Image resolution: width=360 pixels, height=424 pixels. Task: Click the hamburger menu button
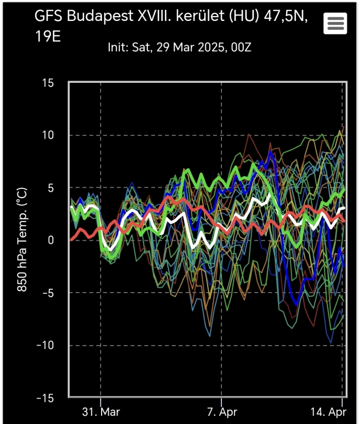tap(335, 23)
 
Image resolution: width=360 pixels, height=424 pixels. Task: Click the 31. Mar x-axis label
tap(100, 412)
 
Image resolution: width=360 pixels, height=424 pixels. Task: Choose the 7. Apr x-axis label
tap(221, 412)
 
